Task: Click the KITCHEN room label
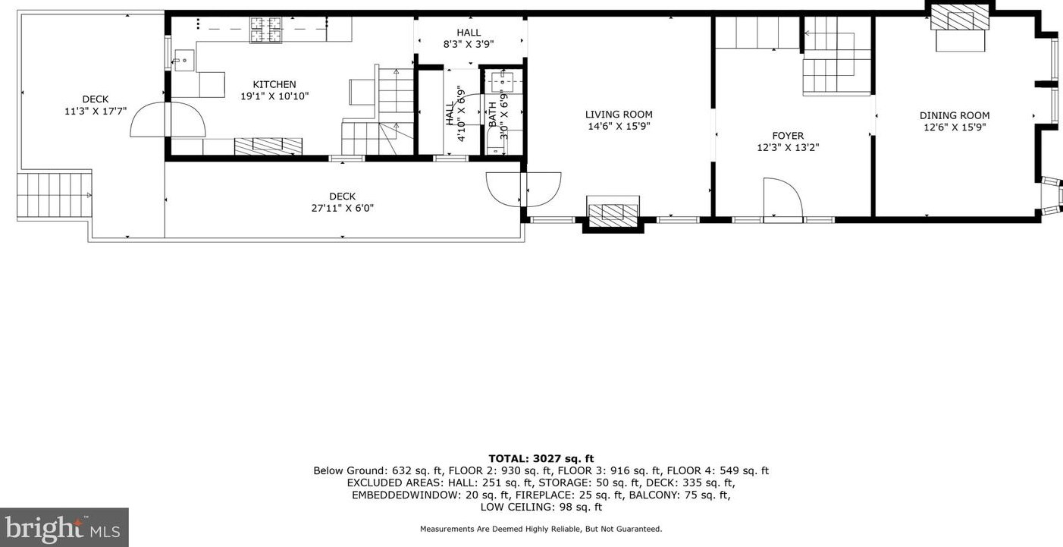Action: (x=274, y=84)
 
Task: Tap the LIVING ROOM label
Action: (x=619, y=115)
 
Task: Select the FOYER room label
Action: (x=788, y=136)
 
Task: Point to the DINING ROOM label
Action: (x=955, y=115)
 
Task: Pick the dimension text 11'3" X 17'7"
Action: (x=96, y=111)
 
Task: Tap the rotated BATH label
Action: (x=493, y=114)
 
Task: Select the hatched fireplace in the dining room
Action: (x=960, y=16)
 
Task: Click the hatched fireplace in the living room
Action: (x=613, y=212)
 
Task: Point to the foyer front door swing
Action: (x=782, y=199)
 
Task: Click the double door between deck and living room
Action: (x=523, y=189)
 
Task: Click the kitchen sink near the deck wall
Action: (x=183, y=59)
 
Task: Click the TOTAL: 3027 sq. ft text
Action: (x=541, y=458)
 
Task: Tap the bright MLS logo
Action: (x=64, y=527)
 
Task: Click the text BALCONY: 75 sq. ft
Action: (x=686, y=495)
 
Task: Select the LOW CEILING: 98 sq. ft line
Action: (x=541, y=507)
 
